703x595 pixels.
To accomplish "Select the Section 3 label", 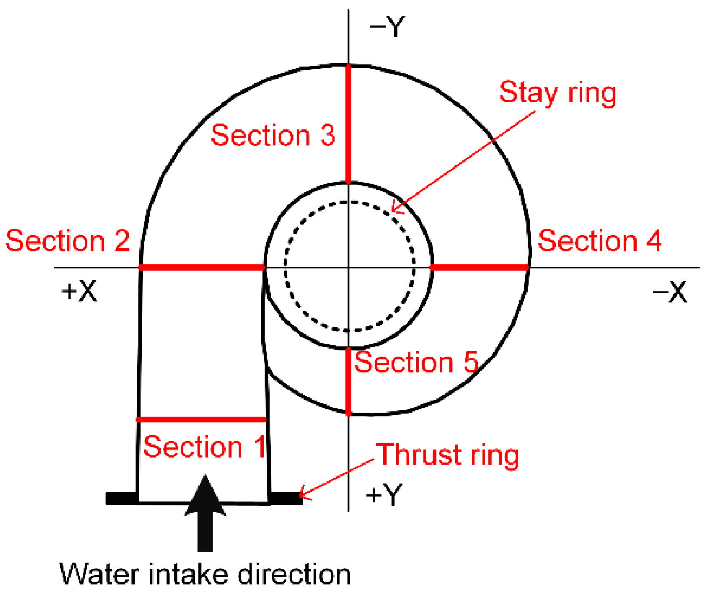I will (273, 135).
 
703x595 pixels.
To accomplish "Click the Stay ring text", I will (558, 93).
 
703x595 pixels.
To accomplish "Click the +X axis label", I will (79, 291).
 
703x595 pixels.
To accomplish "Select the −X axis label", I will (670, 292).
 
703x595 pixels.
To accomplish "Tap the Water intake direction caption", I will (205, 574).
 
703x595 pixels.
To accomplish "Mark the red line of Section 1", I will (201, 420).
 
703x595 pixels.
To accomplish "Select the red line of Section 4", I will (480, 268).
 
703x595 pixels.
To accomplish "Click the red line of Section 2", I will (202, 268).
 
